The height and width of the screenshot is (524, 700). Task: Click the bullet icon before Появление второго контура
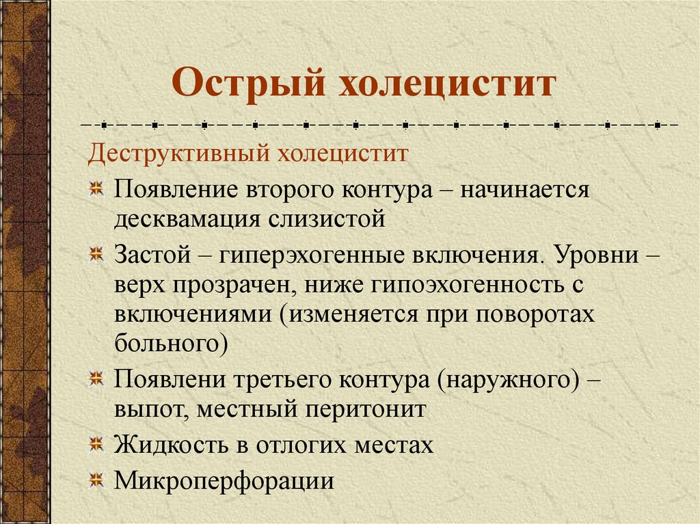[x=97, y=189]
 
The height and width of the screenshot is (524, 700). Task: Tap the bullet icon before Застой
[x=97, y=255]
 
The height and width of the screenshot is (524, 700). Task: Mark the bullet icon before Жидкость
[x=97, y=445]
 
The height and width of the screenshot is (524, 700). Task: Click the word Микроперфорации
[x=224, y=481]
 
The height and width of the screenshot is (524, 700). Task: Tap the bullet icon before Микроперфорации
[x=97, y=481]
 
